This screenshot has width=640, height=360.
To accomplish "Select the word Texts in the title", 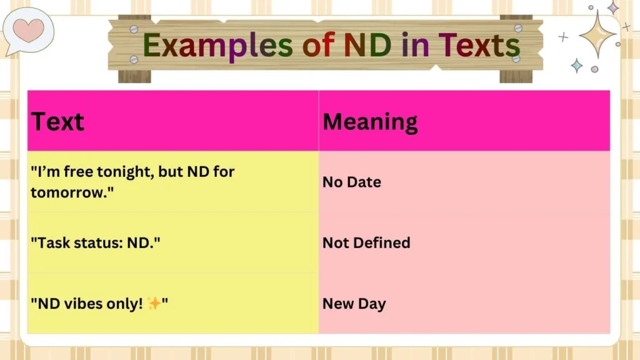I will (479, 46).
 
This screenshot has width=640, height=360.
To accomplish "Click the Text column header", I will (57, 121).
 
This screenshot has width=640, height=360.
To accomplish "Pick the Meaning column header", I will (370, 121).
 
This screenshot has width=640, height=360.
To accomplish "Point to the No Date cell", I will (352, 182).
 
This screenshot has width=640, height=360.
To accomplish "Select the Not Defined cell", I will (366, 242).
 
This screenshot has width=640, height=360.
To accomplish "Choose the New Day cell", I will (354, 304).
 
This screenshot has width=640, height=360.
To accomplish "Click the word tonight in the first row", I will (125, 171).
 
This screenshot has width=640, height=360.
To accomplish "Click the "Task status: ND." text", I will (96, 242).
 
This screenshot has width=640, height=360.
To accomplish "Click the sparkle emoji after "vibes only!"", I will (154, 304).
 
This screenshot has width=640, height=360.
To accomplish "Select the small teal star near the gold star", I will (576, 65).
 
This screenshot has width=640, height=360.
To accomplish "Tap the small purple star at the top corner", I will (613, 7).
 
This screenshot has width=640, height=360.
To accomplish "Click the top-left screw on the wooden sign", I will (134, 29).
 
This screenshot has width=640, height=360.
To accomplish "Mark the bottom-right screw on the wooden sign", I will (516, 58).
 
